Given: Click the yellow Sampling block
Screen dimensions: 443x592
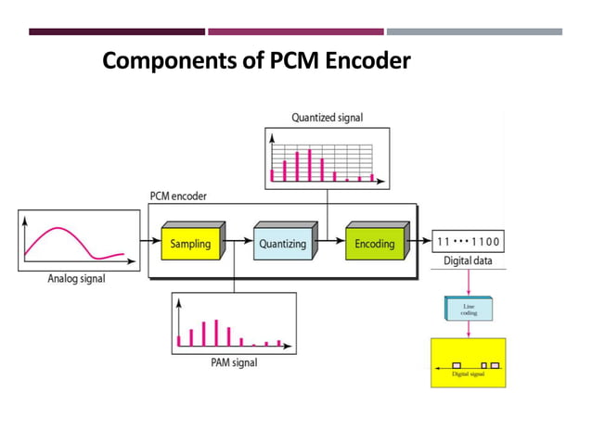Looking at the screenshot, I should (189, 245).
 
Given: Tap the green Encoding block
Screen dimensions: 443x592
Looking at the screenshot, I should (374, 245).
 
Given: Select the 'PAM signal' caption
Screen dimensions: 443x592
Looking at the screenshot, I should (234, 362).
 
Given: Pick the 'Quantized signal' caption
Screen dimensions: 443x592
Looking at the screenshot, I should (327, 118).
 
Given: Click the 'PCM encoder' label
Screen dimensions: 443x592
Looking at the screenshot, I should (179, 196).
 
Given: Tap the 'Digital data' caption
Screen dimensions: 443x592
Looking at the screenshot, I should (469, 262).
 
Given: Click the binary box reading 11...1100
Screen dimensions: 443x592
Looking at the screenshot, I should (469, 243).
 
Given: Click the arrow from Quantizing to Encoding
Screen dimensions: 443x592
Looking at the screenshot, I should (331, 244).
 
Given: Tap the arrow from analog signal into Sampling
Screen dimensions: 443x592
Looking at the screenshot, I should (147, 244).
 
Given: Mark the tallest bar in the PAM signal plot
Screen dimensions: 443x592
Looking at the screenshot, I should (216, 332).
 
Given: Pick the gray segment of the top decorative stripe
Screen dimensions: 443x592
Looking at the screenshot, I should (473, 32).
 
